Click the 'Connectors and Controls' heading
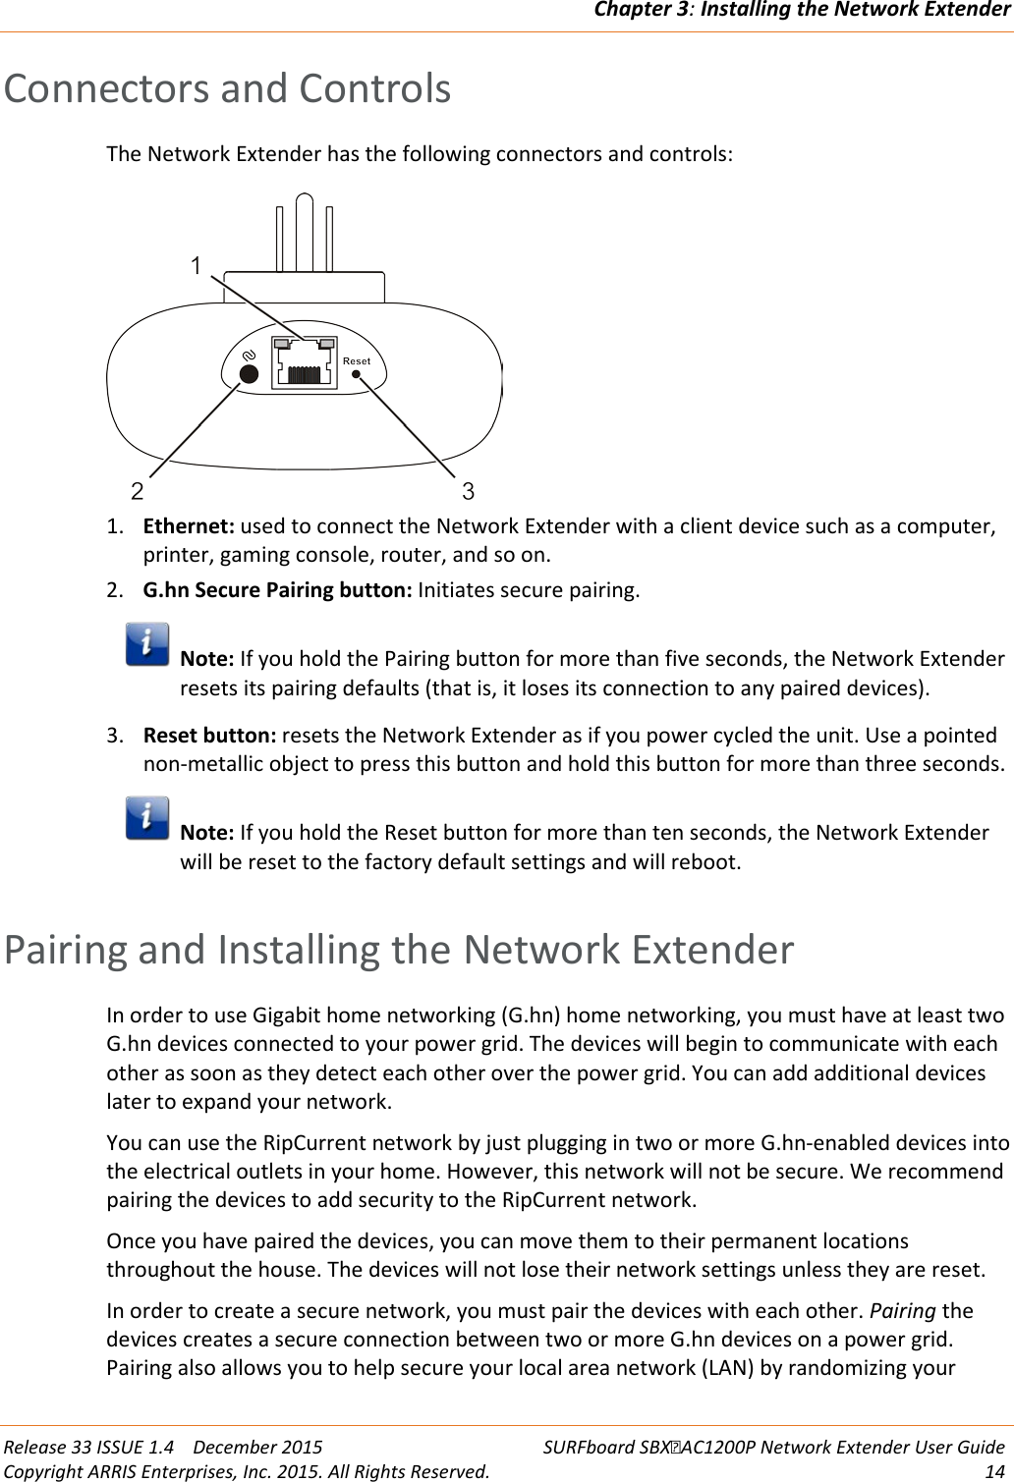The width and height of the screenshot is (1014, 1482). (x=227, y=88)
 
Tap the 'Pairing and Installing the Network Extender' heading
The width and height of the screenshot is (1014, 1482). (x=399, y=950)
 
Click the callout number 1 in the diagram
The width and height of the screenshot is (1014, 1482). (x=197, y=266)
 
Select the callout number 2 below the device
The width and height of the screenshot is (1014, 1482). (x=138, y=491)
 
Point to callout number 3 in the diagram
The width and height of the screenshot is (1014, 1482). (x=469, y=491)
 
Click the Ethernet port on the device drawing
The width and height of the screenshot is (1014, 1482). (x=304, y=363)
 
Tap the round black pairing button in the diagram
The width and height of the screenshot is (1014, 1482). (x=250, y=374)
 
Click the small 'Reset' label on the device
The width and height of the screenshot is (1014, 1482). (x=357, y=361)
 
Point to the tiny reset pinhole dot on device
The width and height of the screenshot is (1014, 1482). (x=357, y=374)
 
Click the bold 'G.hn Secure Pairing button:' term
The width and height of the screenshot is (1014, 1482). (x=278, y=590)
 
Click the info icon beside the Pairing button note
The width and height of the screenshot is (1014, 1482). (x=147, y=644)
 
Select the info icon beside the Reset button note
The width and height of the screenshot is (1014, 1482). (x=147, y=818)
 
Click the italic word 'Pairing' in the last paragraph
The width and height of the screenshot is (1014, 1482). (x=902, y=1311)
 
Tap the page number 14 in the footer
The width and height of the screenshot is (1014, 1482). (x=994, y=1470)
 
